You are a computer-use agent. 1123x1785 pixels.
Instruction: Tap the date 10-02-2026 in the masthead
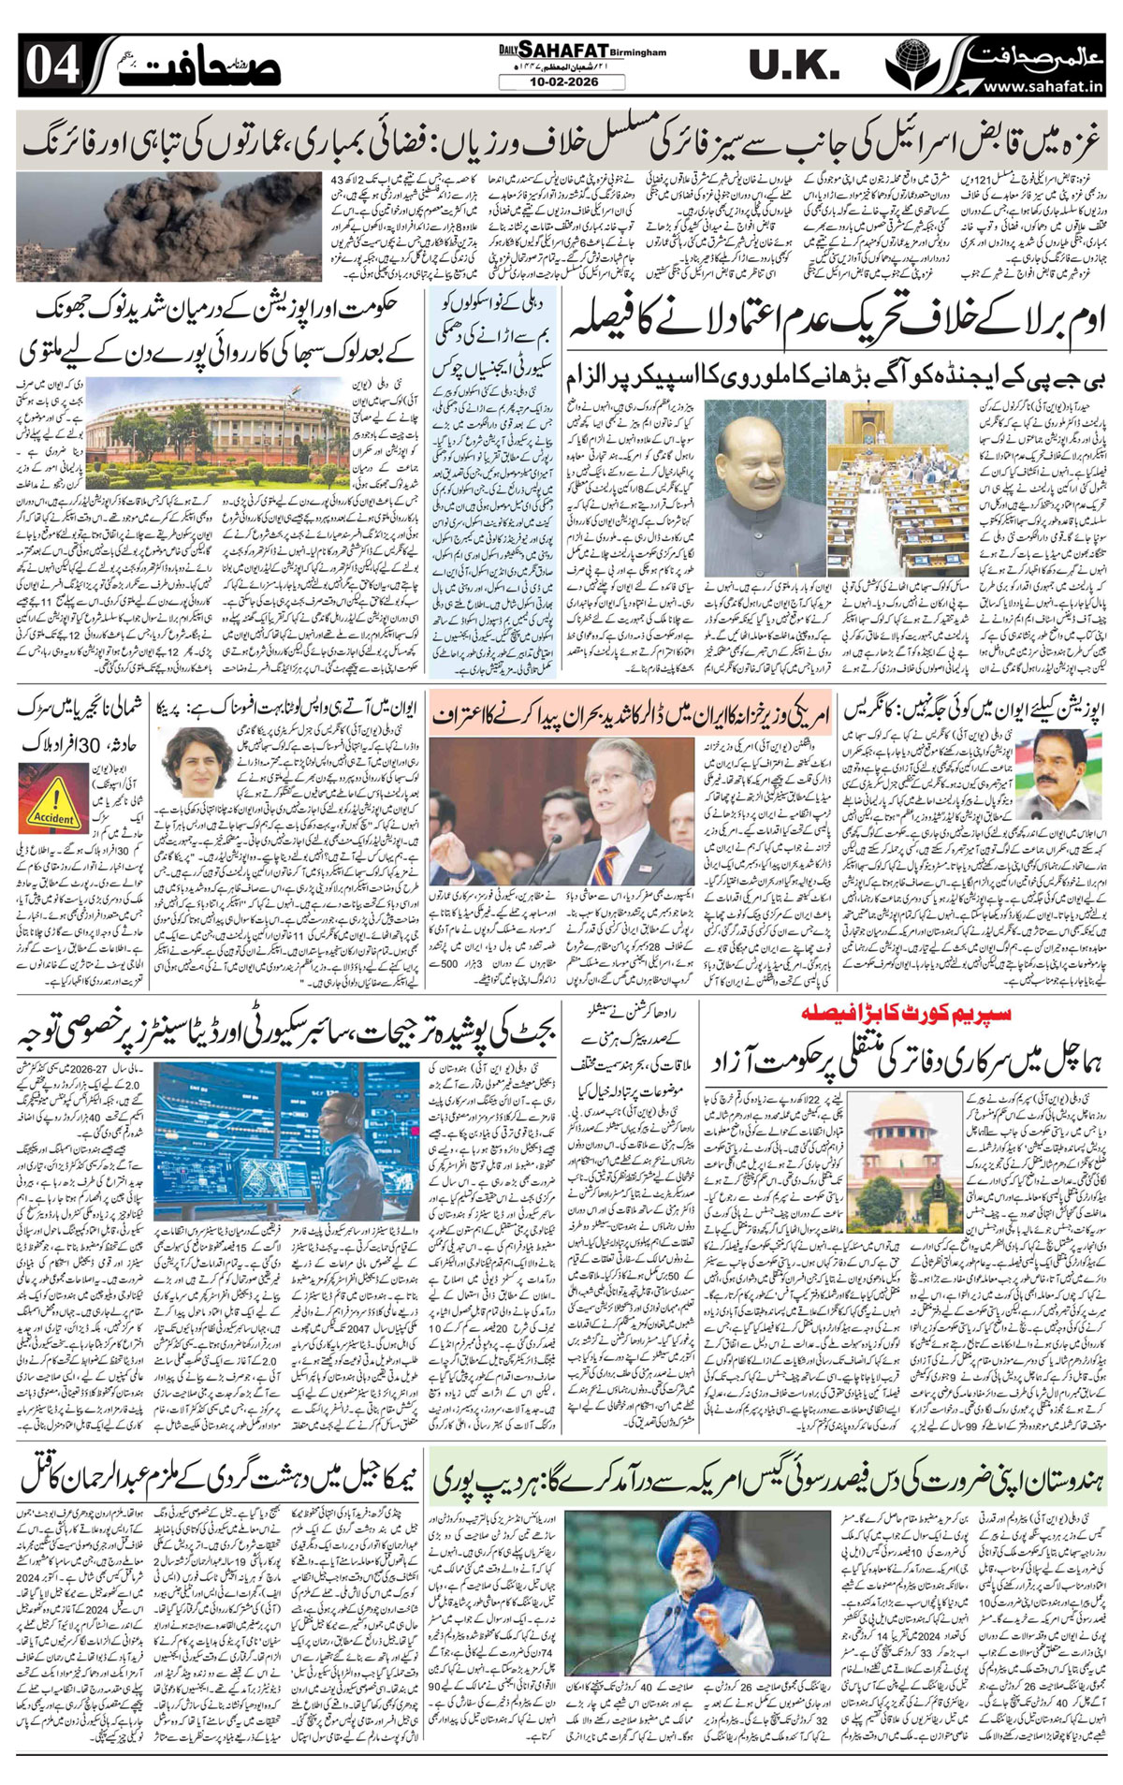click(x=562, y=83)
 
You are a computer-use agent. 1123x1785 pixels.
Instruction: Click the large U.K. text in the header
click(x=793, y=66)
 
